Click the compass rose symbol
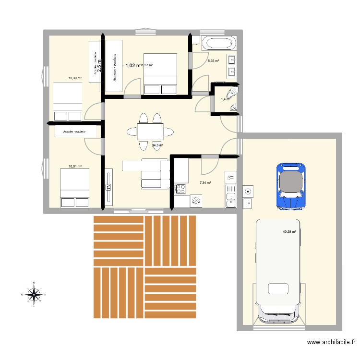click(34, 293)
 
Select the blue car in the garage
click(291, 186)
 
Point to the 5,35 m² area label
click(213, 61)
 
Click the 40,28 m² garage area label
click(289, 232)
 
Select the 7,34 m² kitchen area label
click(205, 182)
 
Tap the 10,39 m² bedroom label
click(74, 78)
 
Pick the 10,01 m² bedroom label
click(74, 167)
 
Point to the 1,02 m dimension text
click(133, 65)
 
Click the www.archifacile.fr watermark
click(331, 343)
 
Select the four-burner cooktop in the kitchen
click(181, 189)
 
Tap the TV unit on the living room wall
click(109, 187)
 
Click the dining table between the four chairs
click(150, 131)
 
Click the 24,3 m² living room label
click(157, 145)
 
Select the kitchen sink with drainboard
click(231, 190)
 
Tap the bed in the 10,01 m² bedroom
click(74, 188)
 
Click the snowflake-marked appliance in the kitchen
click(196, 201)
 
